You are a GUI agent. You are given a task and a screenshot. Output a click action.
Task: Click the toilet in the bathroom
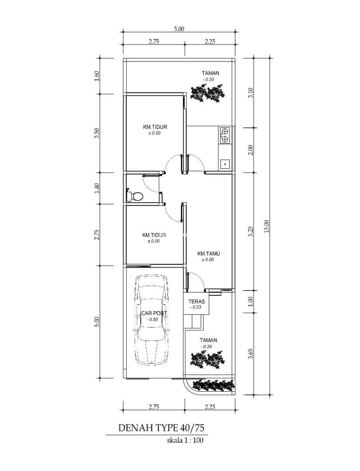135,196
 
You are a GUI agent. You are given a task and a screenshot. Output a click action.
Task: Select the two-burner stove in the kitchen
224,135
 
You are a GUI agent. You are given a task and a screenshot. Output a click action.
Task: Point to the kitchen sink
225,164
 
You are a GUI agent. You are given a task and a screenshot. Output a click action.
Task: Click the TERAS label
197,302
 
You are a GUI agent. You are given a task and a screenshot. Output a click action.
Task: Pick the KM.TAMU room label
206,254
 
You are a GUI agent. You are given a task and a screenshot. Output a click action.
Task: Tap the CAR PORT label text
154,314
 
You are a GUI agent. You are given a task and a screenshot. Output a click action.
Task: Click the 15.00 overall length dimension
267,226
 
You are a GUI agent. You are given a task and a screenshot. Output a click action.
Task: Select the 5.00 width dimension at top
179,29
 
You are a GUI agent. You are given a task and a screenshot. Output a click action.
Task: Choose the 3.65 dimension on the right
251,354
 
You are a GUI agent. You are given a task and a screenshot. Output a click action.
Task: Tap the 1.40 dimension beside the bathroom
96,188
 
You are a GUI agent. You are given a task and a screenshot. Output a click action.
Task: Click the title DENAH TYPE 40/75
163,428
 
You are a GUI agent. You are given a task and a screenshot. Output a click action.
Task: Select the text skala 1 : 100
185,440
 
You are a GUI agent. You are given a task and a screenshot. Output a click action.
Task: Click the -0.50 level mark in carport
153,320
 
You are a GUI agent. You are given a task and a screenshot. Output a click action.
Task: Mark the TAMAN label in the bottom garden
208,340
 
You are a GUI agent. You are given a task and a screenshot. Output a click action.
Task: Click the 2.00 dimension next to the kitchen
251,150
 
